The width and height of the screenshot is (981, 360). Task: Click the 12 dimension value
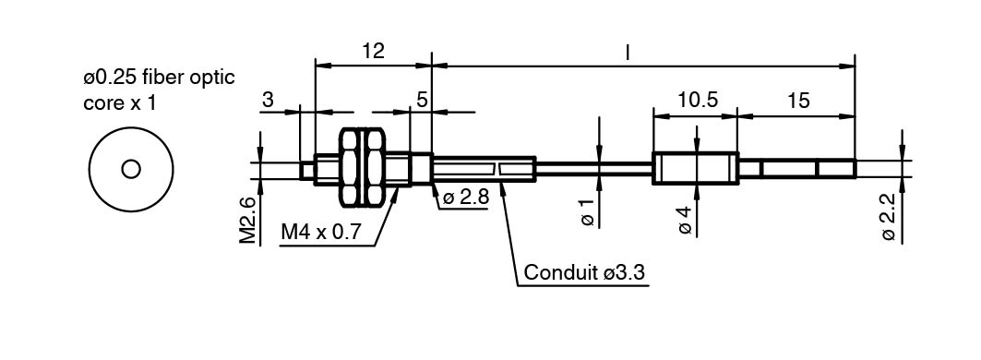click(x=373, y=51)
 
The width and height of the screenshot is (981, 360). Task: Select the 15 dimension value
click(x=797, y=101)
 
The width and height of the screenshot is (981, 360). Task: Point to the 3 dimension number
click(x=268, y=101)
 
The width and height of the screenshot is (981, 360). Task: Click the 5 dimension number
click(x=423, y=100)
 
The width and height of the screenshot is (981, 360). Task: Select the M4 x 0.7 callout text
click(x=321, y=233)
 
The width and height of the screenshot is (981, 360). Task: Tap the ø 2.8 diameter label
click(x=465, y=198)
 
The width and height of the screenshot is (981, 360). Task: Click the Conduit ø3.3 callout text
click(x=584, y=272)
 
